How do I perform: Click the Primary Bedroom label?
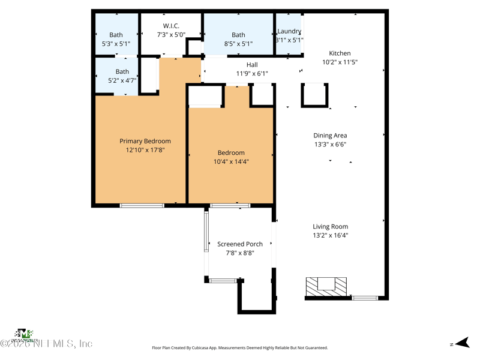pos(145,142)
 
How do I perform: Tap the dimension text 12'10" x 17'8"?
pos(145,151)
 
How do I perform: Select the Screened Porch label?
pos(240,244)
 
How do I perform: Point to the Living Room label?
pos(330,227)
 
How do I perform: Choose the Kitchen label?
pos(340,53)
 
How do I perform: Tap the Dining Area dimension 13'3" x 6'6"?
pos(330,145)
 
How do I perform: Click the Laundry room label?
pos(289,32)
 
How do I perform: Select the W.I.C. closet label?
pos(171,26)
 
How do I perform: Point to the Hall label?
pos(252,65)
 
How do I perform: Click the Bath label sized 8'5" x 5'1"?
pos(238,35)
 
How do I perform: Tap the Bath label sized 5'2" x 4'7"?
pos(122,72)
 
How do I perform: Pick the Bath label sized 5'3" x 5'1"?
pos(116,35)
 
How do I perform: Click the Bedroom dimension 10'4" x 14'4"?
pos(231,162)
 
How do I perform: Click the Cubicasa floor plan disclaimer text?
pos(240,348)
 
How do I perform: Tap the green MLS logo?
pos(24,334)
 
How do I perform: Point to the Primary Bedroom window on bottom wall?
pos(142,206)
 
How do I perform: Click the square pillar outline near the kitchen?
pos(314,95)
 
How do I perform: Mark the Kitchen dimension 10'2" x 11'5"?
pos(340,62)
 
